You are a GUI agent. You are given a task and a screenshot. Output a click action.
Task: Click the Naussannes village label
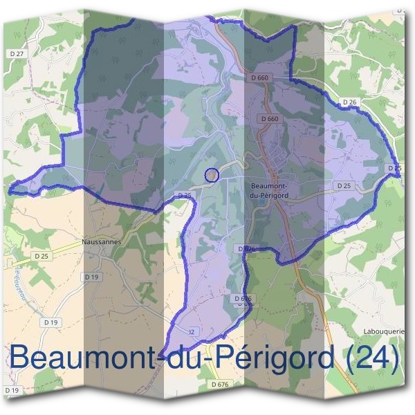click(101, 242)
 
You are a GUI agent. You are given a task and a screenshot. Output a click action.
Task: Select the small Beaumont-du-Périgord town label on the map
click(269, 190)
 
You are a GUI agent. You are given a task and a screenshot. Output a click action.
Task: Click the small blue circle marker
click(212, 175)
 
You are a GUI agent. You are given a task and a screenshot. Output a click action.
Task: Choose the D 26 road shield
click(349, 103)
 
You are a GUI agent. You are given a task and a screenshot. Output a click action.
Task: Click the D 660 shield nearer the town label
click(271, 119)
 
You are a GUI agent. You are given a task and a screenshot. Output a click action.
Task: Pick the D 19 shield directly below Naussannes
click(91, 277)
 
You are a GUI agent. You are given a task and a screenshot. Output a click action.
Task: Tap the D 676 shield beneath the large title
click(220, 384)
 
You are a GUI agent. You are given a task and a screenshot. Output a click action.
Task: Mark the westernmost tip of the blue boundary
click(9, 187)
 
